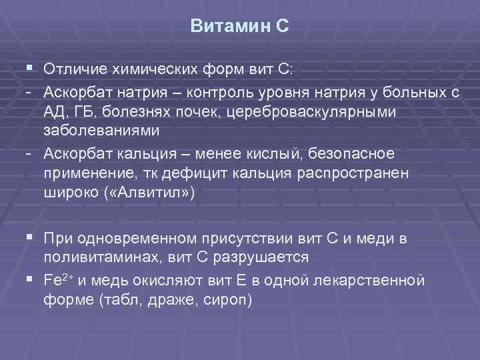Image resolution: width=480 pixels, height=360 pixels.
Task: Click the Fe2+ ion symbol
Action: [61, 280]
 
